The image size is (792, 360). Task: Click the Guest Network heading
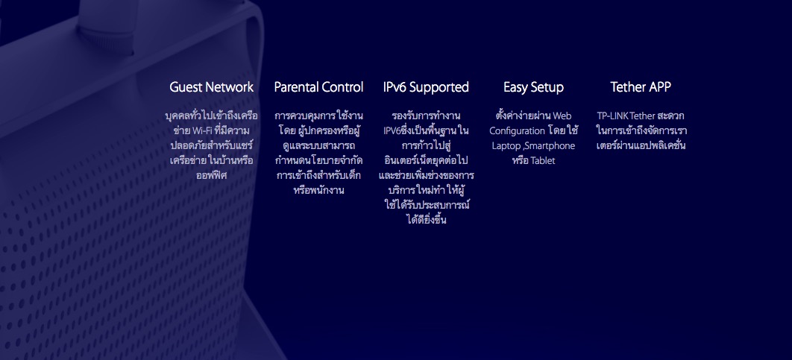(x=212, y=87)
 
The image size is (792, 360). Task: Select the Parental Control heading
(x=318, y=87)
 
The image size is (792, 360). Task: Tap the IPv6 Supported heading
(x=426, y=88)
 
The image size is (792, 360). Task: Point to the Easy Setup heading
(x=533, y=88)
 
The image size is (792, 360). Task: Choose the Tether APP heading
(x=641, y=87)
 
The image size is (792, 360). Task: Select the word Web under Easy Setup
(x=562, y=116)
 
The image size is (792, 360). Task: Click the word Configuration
(x=518, y=131)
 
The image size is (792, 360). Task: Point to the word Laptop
(x=506, y=146)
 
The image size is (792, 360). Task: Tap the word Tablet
(x=543, y=161)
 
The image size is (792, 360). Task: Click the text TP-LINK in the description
(x=613, y=116)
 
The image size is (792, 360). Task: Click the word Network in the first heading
(x=230, y=87)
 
